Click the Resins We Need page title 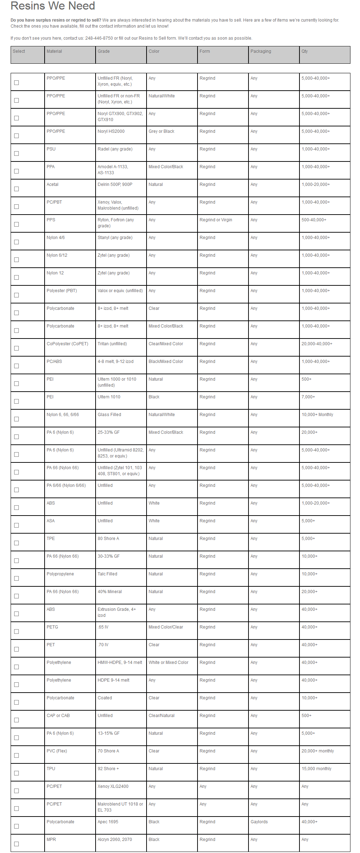click(53, 6)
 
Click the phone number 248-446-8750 click(99, 38)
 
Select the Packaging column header click(261, 51)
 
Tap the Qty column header click(304, 51)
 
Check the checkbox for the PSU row click(16, 154)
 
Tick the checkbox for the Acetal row click(16, 189)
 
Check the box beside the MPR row click(16, 844)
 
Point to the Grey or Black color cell click(161, 131)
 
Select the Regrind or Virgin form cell click(216, 220)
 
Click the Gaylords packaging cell click(259, 822)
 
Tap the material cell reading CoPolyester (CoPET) click(67, 344)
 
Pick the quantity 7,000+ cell click(308, 397)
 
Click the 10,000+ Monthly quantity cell click(317, 415)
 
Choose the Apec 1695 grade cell click(108, 822)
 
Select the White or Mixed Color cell click(168, 663)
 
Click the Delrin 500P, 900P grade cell click(115, 184)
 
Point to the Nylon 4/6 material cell click(56, 238)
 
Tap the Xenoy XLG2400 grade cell click(113, 786)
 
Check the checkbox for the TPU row click(16, 773)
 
